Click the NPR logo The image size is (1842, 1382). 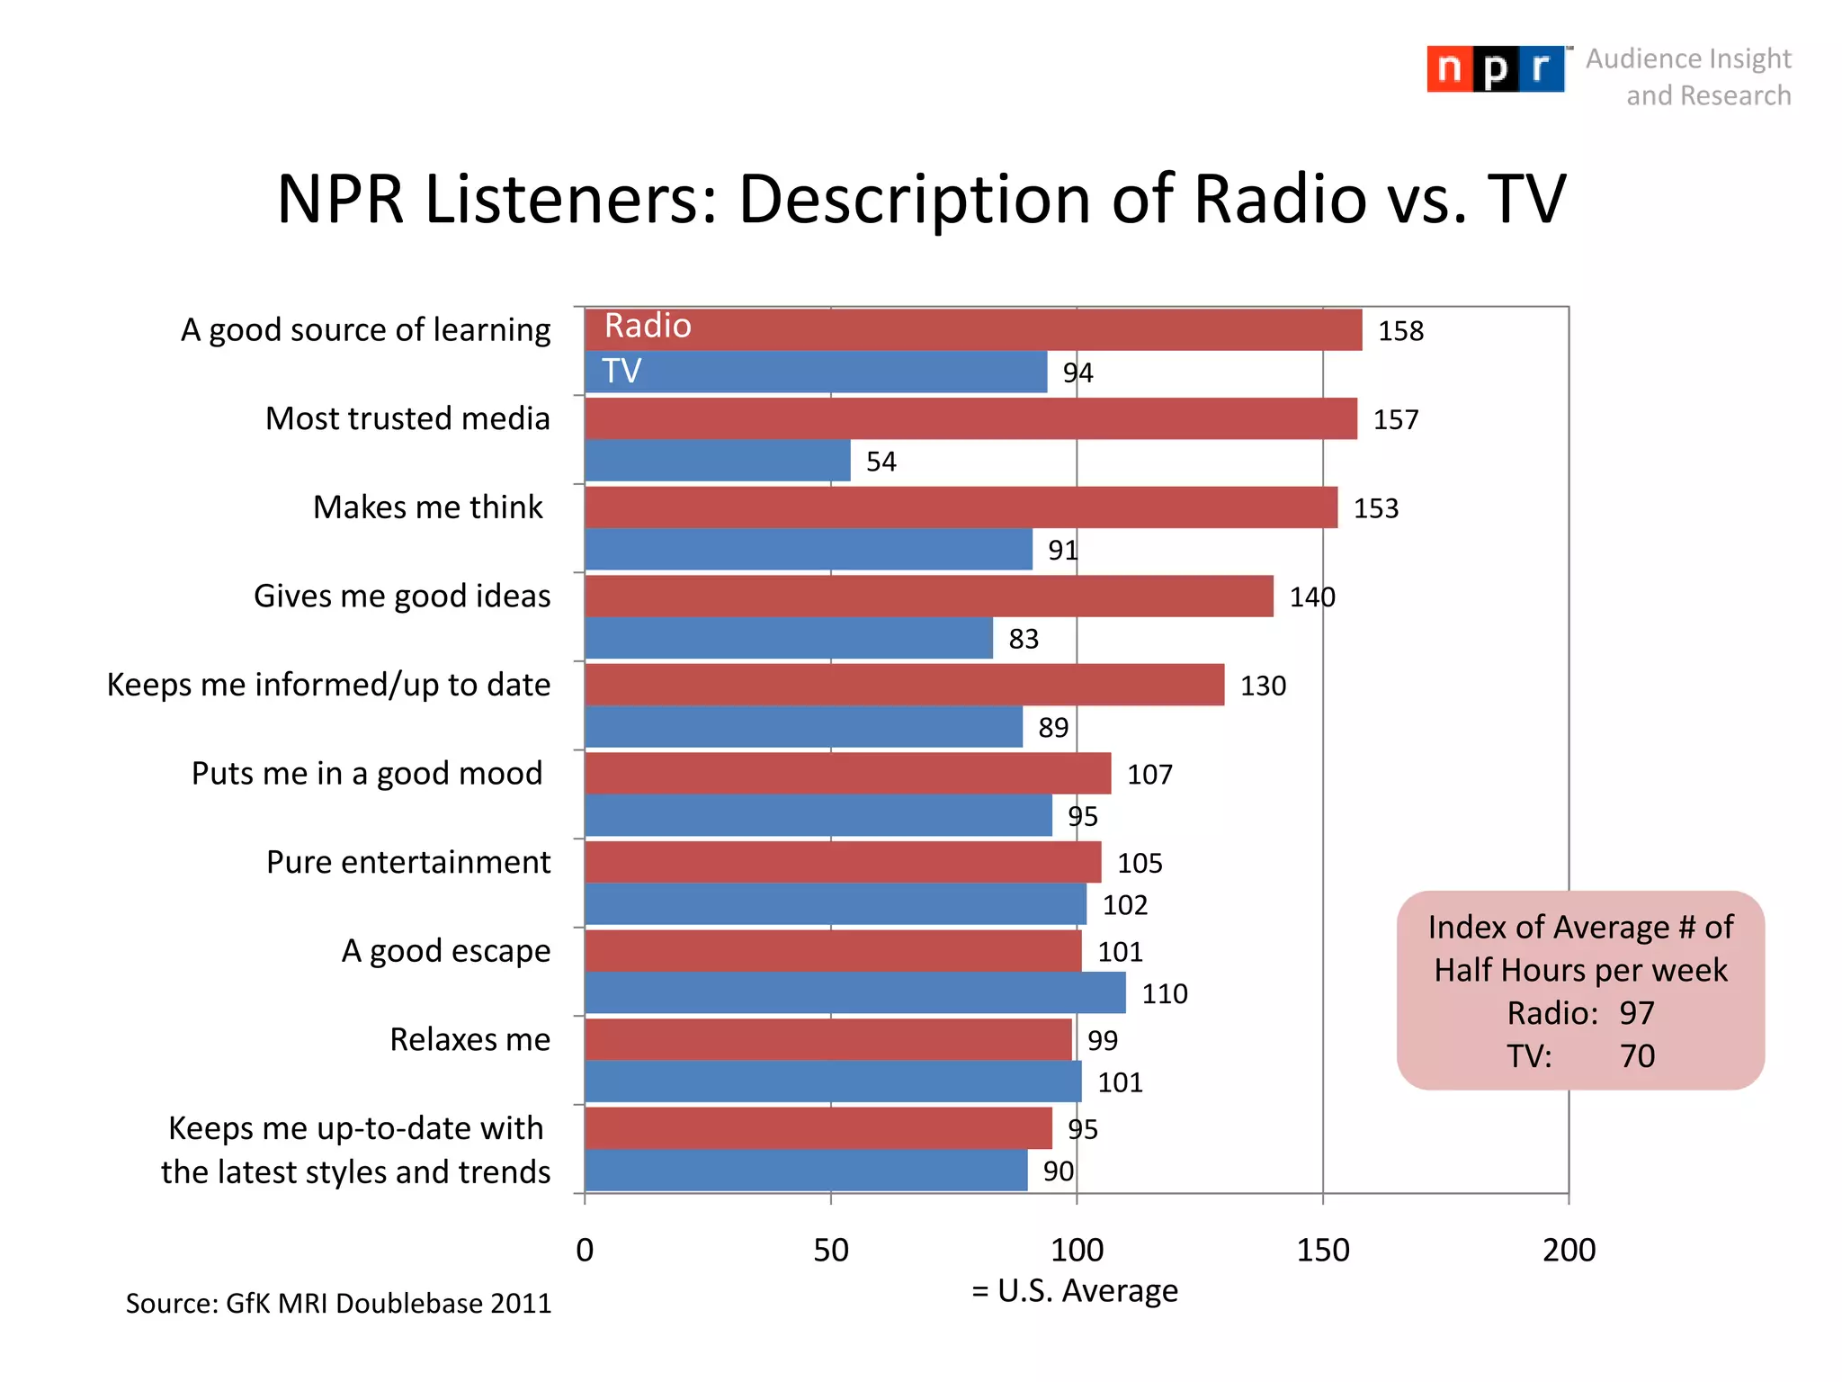click(1495, 69)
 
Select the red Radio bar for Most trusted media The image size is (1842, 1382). click(970, 418)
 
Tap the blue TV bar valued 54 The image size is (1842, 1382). click(717, 461)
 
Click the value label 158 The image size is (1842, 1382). click(1400, 331)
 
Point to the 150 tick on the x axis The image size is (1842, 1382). click(1322, 1250)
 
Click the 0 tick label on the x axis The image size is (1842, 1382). click(585, 1250)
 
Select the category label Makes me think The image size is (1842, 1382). click(427, 507)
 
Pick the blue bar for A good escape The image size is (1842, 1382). click(854, 992)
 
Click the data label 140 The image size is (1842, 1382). click(1312, 597)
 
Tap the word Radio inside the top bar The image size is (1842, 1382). click(648, 326)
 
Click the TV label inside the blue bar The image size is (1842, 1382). click(621, 371)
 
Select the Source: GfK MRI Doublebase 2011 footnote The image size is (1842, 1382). click(338, 1303)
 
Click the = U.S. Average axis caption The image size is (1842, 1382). click(1075, 1290)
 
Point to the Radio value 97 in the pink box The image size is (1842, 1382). click(1636, 1013)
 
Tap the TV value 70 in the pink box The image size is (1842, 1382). click(1637, 1055)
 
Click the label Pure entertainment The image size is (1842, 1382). click(408, 862)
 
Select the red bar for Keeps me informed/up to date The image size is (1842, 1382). click(904, 685)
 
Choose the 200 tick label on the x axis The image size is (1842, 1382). click(1569, 1250)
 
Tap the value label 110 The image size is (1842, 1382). click(1165, 993)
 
